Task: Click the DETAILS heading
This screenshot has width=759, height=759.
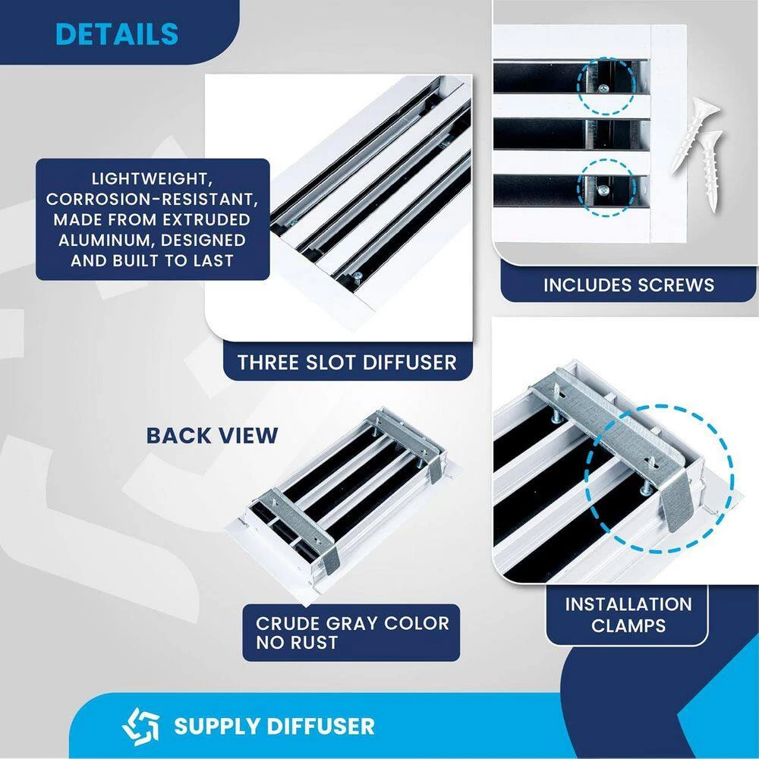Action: click(x=117, y=34)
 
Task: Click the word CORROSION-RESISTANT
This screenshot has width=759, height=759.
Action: click(x=152, y=200)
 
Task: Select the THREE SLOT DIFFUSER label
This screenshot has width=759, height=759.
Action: click(x=347, y=362)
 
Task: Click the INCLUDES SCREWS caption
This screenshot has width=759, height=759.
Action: click(x=628, y=285)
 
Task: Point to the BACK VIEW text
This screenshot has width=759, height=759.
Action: click(x=212, y=435)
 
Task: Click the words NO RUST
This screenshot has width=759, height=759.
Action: click(x=297, y=642)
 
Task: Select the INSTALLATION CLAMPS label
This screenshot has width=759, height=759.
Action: click(x=628, y=615)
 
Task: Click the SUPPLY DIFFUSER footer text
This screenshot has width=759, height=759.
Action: click(x=274, y=726)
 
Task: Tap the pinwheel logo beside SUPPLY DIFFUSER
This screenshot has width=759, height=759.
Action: click(x=140, y=726)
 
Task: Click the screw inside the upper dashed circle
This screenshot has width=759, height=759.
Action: click(x=603, y=89)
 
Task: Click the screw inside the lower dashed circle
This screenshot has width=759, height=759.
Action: click(x=603, y=190)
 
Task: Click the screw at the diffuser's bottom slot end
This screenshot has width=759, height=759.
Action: click(x=357, y=276)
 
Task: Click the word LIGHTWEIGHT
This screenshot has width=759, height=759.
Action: click(x=152, y=178)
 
